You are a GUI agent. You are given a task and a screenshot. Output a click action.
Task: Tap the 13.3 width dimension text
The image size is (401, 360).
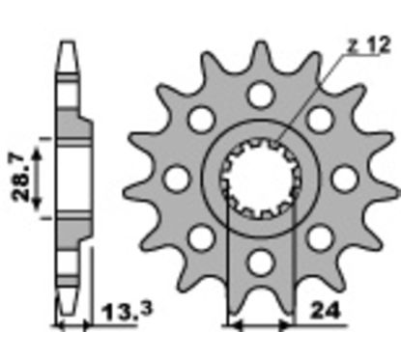pyautogui.click(x=127, y=312)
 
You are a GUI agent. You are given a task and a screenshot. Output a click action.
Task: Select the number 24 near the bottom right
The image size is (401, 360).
pyautogui.click(x=326, y=311)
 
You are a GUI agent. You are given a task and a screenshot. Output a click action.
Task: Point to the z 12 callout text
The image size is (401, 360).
pyautogui.click(x=369, y=45)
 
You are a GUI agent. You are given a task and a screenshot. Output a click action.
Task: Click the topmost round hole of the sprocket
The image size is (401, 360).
pyautogui.click(x=261, y=96)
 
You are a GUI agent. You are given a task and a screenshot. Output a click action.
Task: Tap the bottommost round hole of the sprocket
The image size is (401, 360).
pyautogui.click(x=261, y=263)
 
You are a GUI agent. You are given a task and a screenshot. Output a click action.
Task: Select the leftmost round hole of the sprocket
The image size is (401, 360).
pyautogui.click(x=177, y=179)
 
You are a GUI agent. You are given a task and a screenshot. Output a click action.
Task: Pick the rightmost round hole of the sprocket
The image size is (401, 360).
pyautogui.click(x=344, y=179)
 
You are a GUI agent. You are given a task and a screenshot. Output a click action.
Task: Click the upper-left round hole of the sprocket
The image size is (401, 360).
pyautogui.click(x=202, y=120)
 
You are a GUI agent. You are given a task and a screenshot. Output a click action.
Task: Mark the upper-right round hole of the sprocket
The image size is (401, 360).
pyautogui.click(x=320, y=120)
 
